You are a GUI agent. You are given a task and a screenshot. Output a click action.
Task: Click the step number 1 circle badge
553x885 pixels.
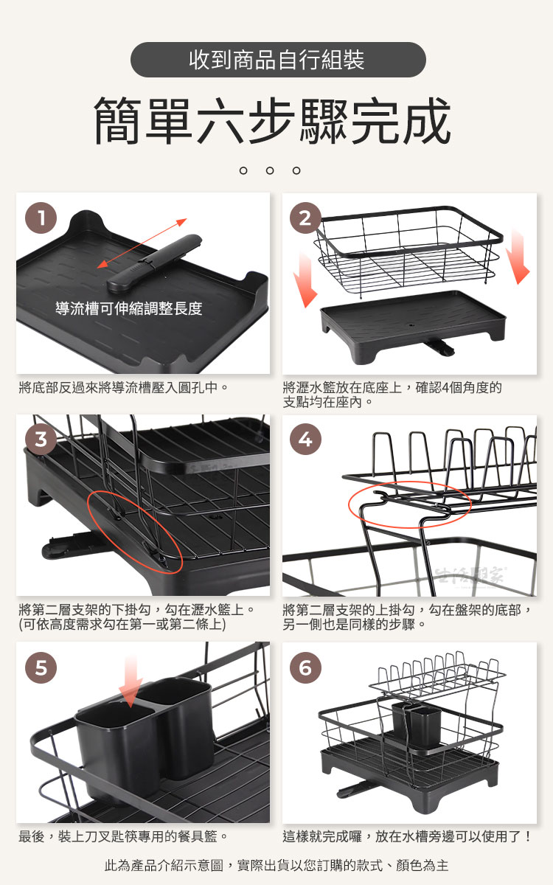(41, 218)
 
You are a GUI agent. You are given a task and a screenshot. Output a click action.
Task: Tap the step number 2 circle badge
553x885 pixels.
(305, 218)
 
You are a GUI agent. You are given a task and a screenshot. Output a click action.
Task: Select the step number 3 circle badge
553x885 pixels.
(41, 440)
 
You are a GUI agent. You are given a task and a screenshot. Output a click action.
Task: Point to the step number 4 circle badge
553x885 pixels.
(305, 440)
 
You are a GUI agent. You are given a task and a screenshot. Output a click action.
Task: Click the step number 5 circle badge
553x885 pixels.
(41, 667)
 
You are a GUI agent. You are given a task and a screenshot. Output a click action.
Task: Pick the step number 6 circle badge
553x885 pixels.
(305, 667)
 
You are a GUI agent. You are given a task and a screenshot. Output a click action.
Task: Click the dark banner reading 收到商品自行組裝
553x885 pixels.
(278, 60)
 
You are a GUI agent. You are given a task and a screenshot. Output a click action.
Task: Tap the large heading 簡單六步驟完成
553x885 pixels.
(273, 120)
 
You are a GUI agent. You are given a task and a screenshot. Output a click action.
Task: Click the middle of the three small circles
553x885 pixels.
(270, 170)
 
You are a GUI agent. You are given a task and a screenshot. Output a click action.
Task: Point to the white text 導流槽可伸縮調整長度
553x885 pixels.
(129, 308)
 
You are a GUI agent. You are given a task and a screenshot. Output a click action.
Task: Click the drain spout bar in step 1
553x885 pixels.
(154, 263)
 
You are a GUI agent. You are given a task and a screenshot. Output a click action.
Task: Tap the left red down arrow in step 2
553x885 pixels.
(305, 280)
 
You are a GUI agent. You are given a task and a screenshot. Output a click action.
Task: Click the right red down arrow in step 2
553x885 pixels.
(518, 256)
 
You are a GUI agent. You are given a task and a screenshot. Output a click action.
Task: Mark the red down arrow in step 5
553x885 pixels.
(131, 682)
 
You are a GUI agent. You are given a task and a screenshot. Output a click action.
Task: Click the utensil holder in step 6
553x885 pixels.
(417, 726)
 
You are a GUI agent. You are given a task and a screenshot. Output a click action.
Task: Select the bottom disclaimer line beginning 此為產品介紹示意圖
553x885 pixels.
(276, 865)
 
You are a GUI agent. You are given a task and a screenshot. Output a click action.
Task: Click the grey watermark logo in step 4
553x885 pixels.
(470, 577)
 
